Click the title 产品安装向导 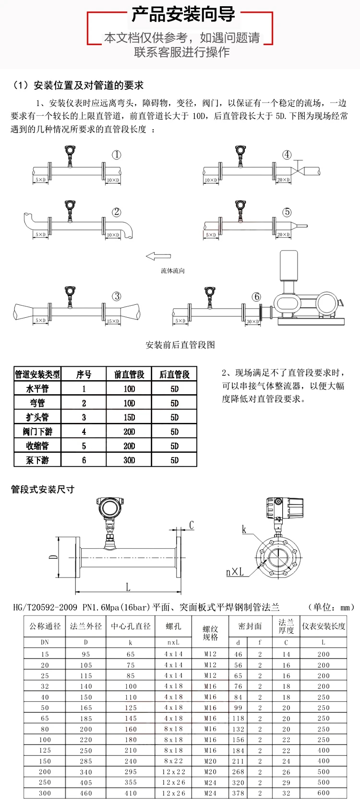click(x=183, y=14)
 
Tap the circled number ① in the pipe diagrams click(x=117, y=155)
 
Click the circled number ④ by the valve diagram click(x=287, y=155)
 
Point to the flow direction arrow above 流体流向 click(x=158, y=256)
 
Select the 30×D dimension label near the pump click(x=252, y=321)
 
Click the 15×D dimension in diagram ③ click(x=113, y=321)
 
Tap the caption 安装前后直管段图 click(x=180, y=345)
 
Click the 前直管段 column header click(x=129, y=374)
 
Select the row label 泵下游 click(x=37, y=460)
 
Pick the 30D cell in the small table click(x=129, y=460)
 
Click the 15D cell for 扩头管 click(x=129, y=417)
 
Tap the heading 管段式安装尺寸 click(x=43, y=489)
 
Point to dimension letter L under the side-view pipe click(x=128, y=587)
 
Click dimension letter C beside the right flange click(x=191, y=525)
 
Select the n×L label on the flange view click(x=235, y=572)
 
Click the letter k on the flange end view click(x=244, y=529)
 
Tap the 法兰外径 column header click(x=86, y=626)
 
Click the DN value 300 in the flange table click(x=45, y=793)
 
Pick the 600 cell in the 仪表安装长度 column click(x=324, y=793)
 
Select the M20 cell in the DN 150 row click(x=210, y=761)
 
